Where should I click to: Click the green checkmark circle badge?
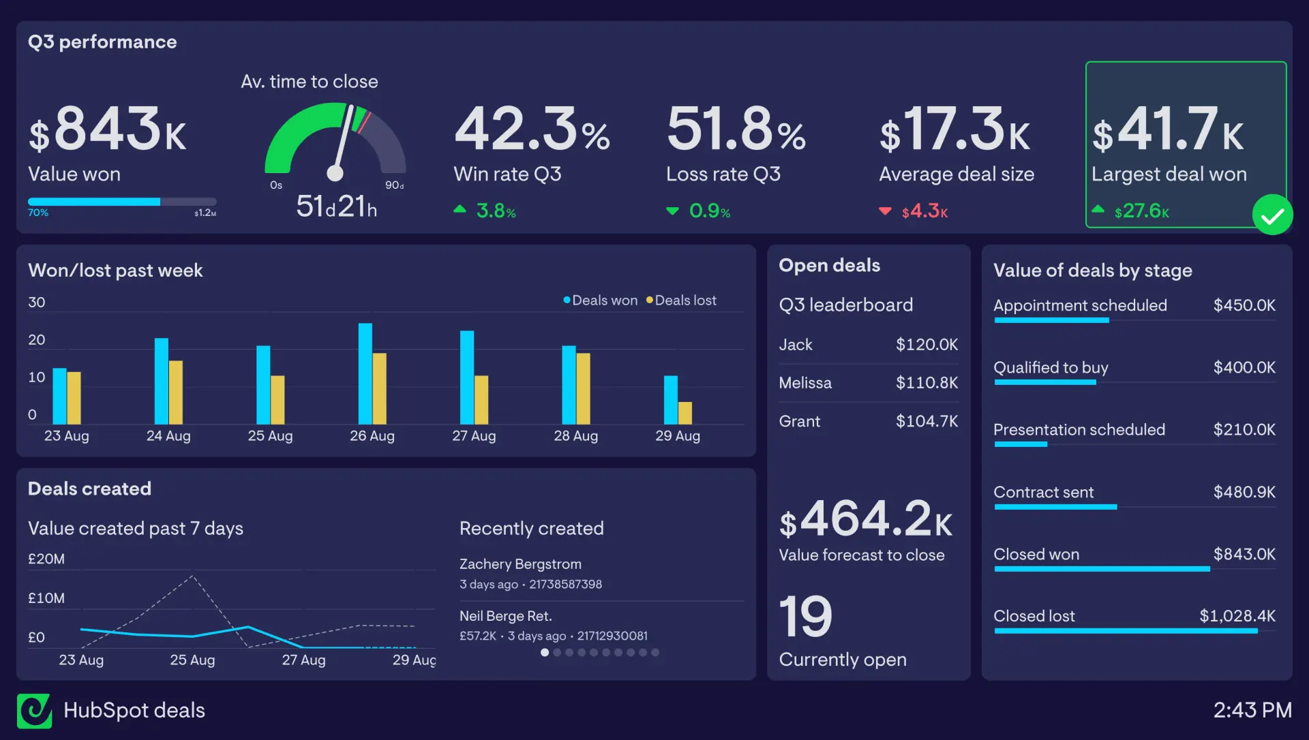pyautogui.click(x=1272, y=215)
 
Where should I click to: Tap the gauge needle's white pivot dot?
pyautogui.click(x=335, y=173)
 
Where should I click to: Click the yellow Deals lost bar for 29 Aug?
pyautogui.click(x=685, y=413)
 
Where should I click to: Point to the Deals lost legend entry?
pyautogui.click(x=681, y=300)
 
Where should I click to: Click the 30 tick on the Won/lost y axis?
pyautogui.click(x=37, y=303)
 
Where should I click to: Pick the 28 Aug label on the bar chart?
pyautogui.click(x=575, y=436)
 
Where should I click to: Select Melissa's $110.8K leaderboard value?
pyautogui.click(x=926, y=383)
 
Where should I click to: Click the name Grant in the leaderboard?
pyautogui.click(x=799, y=421)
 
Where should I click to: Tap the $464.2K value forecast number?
pyautogui.click(x=866, y=519)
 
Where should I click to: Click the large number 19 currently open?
pyautogui.click(x=805, y=617)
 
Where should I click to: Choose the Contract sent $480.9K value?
pyautogui.click(x=1244, y=492)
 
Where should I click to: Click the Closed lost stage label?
pyautogui.click(x=1034, y=616)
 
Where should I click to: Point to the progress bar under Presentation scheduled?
pyautogui.click(x=1021, y=445)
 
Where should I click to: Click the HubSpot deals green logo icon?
pyautogui.click(x=34, y=711)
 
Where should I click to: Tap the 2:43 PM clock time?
pyautogui.click(x=1252, y=711)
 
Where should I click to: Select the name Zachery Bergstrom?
pyautogui.click(x=520, y=564)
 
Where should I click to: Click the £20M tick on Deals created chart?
pyautogui.click(x=46, y=559)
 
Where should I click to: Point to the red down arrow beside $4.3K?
pyautogui.click(x=885, y=211)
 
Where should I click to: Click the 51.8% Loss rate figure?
pyautogui.click(x=736, y=129)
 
